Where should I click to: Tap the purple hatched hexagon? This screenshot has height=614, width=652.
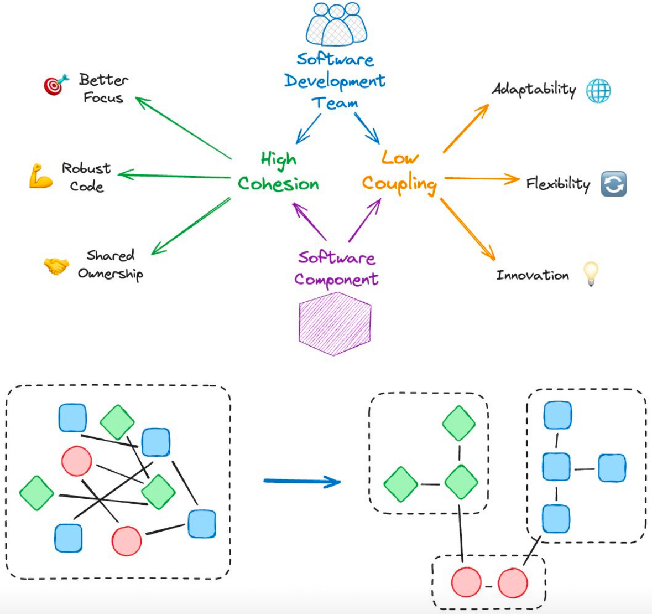click(x=335, y=323)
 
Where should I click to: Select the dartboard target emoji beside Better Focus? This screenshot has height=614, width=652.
click(x=56, y=85)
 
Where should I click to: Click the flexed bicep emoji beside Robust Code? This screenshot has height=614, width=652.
click(x=40, y=177)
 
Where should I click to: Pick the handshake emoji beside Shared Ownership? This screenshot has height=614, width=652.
click(x=56, y=266)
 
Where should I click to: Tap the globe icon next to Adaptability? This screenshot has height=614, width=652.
click(x=598, y=90)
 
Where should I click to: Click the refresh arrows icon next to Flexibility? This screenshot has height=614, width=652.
click(x=614, y=184)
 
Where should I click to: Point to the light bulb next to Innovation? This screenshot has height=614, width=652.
click(x=591, y=274)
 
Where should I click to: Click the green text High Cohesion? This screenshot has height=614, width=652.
click(x=278, y=173)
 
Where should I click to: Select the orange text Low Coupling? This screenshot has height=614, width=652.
click(x=399, y=173)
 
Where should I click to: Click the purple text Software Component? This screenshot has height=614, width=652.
click(x=336, y=269)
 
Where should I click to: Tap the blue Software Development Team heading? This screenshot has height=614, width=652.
click(x=335, y=81)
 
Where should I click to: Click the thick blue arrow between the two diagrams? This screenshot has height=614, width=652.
click(x=302, y=482)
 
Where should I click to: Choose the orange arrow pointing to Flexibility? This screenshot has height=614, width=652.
click(x=481, y=178)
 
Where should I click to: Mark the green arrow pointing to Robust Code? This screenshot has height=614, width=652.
click(x=174, y=176)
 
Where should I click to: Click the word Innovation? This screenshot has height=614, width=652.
click(x=532, y=275)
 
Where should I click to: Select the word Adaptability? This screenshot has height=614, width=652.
click(x=534, y=90)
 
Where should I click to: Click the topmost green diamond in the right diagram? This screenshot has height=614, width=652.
click(x=459, y=424)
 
